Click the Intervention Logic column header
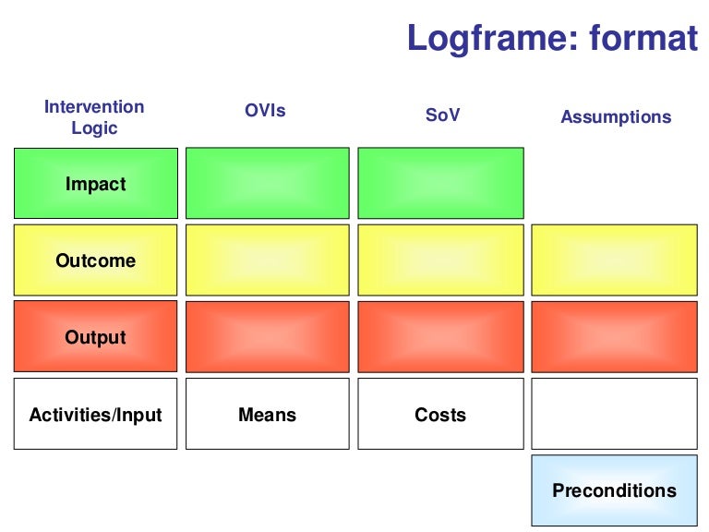(x=94, y=117)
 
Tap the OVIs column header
(x=265, y=111)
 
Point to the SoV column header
(x=441, y=115)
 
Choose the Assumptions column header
(x=616, y=117)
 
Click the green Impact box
(x=96, y=184)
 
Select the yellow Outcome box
(x=96, y=260)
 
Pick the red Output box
(x=96, y=337)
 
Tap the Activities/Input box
(x=96, y=414)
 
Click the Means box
(x=268, y=414)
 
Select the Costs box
(x=440, y=414)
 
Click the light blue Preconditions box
(x=615, y=490)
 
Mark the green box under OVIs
(x=268, y=184)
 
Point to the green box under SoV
(x=440, y=184)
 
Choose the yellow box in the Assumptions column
(x=615, y=260)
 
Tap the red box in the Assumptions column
(x=615, y=337)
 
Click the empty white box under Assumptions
(x=615, y=414)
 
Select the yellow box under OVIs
(x=268, y=260)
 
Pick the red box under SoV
(x=440, y=337)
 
